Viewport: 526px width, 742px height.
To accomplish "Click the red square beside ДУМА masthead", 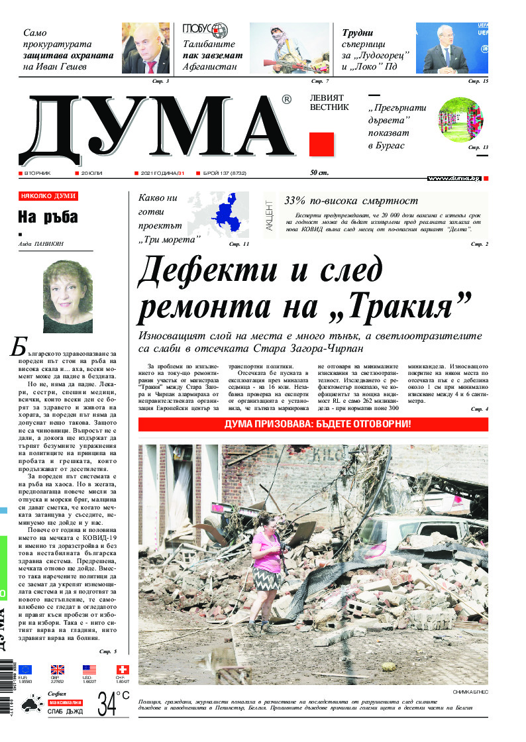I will coord(321,144).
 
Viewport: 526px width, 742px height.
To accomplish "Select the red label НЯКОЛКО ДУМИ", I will coord(48,196).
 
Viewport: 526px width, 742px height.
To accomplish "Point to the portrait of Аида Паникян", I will coord(67,296).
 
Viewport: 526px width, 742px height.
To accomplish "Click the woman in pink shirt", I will coord(267,567).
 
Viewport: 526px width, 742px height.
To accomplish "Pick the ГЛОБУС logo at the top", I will coord(205,30).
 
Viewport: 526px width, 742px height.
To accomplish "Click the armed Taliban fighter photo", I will coord(289,48).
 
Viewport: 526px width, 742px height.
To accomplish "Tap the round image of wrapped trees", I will coord(460,119).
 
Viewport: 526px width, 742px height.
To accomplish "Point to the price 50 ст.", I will coord(321,174).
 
